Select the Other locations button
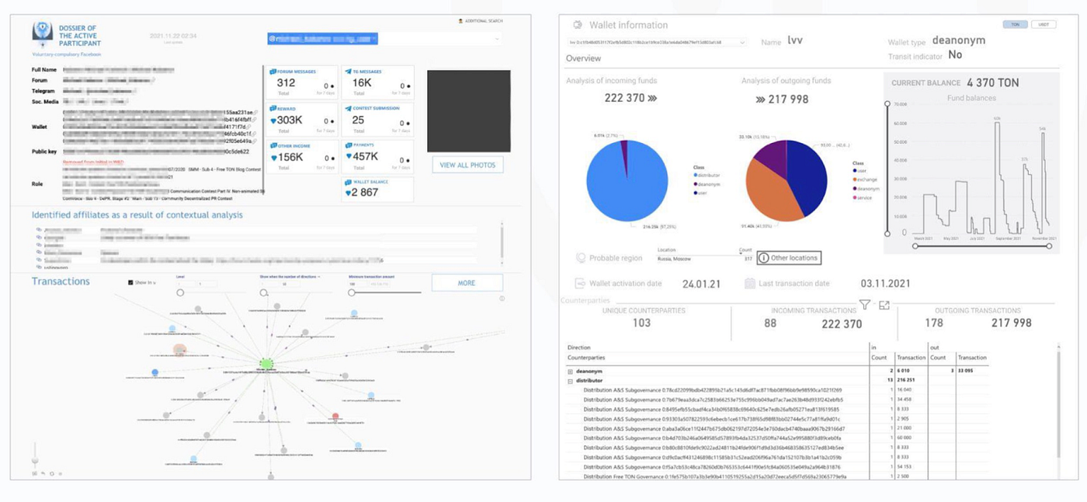[x=788, y=258]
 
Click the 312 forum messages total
[x=286, y=83]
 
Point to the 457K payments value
[x=365, y=156]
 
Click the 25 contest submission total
[x=358, y=120]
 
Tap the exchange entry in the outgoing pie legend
[x=866, y=180]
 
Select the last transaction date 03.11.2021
[x=885, y=284]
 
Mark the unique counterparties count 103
[x=641, y=323]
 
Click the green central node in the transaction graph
[x=266, y=363]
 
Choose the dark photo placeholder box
[x=468, y=111]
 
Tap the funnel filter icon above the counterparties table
[x=864, y=305]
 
